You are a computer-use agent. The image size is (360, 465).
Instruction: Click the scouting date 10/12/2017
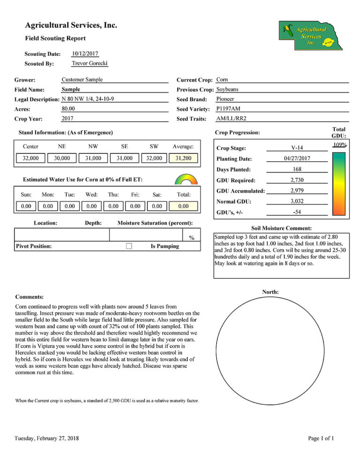tap(85, 54)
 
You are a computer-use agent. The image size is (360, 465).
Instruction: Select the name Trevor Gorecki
tap(90, 63)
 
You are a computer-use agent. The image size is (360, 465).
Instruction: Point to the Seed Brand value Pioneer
tap(225, 99)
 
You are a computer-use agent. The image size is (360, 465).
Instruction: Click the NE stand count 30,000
tap(62, 158)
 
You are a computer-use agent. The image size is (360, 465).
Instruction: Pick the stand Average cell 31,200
tap(183, 158)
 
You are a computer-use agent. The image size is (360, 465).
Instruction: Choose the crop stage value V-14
tap(297, 148)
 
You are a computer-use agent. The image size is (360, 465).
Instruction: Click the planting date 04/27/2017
tap(297, 158)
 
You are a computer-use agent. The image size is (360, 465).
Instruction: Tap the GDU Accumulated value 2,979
tap(296, 190)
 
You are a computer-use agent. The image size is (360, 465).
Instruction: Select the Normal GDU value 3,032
tap(296, 201)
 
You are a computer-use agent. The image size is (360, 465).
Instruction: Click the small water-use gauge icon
tap(183, 180)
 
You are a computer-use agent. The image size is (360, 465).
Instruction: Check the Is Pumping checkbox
tap(129, 246)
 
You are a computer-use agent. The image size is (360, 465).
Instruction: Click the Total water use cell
tap(183, 206)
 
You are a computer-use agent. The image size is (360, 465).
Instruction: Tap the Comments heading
tap(30, 297)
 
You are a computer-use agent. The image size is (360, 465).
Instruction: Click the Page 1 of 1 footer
tap(321, 438)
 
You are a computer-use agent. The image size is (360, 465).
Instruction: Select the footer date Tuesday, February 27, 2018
tap(46, 438)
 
